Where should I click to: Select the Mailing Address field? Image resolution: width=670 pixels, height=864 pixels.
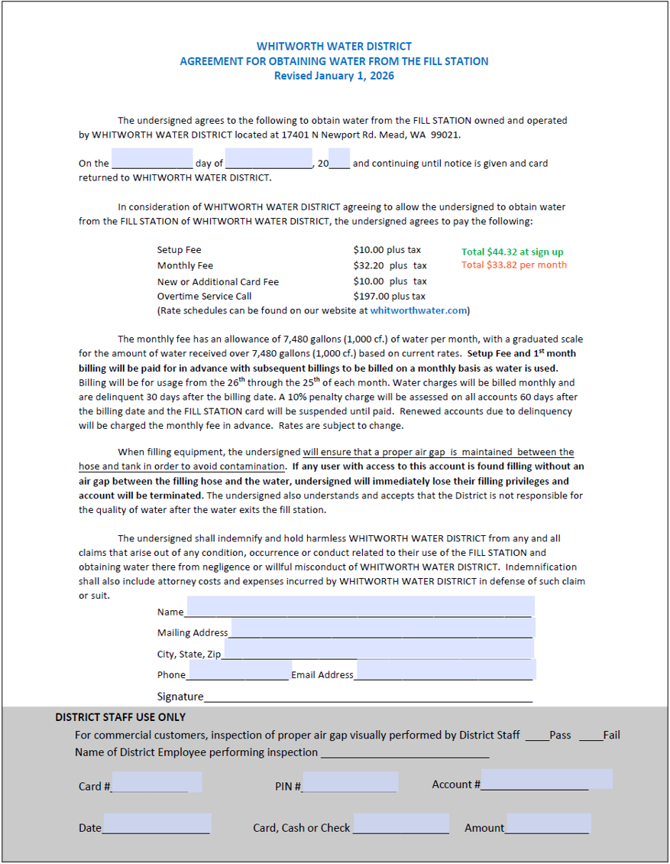(x=382, y=629)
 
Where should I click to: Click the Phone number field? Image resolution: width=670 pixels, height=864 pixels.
(x=238, y=671)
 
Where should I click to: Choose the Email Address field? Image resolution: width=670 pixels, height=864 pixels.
(x=445, y=671)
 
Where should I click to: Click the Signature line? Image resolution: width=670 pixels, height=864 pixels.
(x=368, y=696)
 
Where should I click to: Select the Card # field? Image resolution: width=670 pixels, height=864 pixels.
(x=157, y=782)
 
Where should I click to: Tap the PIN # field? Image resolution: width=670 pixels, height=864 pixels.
(x=350, y=782)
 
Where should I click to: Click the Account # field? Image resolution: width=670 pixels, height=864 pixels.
(x=546, y=780)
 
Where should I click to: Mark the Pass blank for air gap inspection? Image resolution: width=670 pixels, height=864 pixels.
(x=536, y=736)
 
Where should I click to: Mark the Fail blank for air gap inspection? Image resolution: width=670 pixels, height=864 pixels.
(x=591, y=736)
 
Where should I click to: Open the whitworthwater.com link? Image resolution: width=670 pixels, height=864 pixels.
(x=419, y=310)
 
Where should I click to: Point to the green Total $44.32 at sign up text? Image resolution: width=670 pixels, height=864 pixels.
(x=513, y=252)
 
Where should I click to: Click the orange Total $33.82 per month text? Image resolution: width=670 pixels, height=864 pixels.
(x=514, y=265)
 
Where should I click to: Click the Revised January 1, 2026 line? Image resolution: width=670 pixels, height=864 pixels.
(x=334, y=76)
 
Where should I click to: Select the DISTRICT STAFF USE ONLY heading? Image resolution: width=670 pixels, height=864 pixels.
(x=120, y=717)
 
